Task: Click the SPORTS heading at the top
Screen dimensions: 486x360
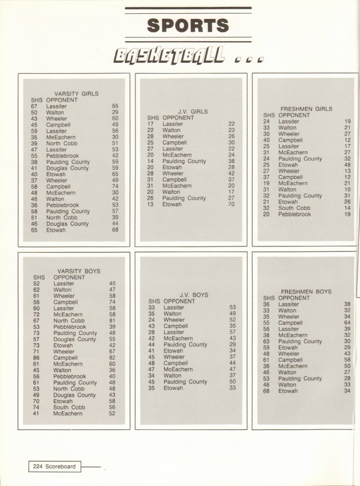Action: (188, 26)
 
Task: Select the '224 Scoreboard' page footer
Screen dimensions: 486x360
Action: (53, 467)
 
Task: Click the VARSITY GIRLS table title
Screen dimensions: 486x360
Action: (76, 94)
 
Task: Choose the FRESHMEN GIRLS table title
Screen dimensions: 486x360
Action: (306, 109)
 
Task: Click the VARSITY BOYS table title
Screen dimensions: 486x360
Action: (79, 271)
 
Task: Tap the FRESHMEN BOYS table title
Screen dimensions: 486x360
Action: (306, 292)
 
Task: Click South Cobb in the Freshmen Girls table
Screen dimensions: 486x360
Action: (294, 208)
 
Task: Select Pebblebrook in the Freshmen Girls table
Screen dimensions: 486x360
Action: (295, 214)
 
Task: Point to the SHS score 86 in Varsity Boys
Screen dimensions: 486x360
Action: (37, 358)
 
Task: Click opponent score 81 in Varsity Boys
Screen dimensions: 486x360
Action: (112, 321)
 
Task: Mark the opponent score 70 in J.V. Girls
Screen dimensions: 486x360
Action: (231, 204)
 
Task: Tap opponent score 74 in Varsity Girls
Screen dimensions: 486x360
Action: (115, 186)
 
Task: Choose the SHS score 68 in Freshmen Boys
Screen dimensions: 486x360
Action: (266, 391)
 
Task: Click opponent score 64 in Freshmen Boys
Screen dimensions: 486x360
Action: (347, 323)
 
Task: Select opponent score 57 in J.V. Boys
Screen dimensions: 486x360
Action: (233, 332)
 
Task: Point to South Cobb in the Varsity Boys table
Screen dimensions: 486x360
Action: (69, 407)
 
